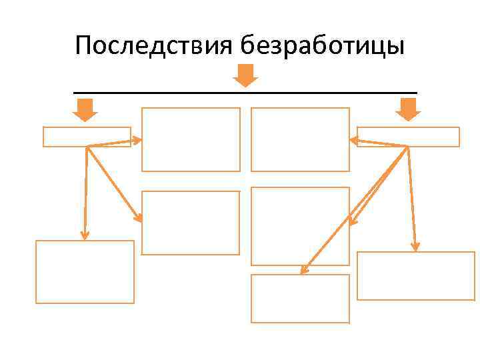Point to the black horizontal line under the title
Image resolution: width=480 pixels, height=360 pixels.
pyautogui.click(x=245, y=92)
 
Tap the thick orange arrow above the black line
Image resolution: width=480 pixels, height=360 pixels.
pyautogui.click(x=245, y=75)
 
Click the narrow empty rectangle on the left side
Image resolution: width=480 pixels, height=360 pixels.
pyautogui.click(x=87, y=137)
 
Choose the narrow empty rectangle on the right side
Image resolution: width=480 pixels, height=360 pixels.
pyautogui.click(x=408, y=137)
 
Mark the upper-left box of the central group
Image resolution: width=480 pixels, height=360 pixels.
pyautogui.click(x=191, y=140)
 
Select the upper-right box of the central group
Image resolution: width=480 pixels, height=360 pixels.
pyautogui.click(x=300, y=140)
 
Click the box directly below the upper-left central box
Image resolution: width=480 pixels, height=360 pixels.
pyautogui.click(x=191, y=223)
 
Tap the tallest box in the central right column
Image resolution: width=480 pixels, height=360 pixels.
pyautogui.click(x=300, y=226)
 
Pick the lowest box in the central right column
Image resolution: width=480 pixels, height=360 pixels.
pyautogui.click(x=300, y=299)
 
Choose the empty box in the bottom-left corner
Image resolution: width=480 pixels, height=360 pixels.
pyautogui.click(x=85, y=272)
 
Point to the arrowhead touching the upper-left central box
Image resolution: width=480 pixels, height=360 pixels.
pyautogui.click(x=137, y=140)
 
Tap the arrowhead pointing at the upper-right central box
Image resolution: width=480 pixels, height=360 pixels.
pyautogui.click(x=354, y=140)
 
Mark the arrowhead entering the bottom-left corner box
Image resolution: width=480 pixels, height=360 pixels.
pyautogui.click(x=84, y=235)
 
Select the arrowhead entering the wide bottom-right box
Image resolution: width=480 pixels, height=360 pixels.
pyautogui.click(x=415, y=247)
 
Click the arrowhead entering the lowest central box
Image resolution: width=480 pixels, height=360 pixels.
pyautogui.click(x=303, y=270)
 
